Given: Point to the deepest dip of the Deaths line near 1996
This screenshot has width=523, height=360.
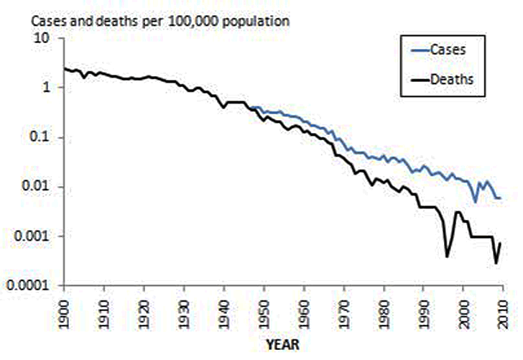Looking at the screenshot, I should (447, 256).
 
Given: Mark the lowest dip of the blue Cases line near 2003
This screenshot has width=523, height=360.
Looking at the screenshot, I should (476, 202).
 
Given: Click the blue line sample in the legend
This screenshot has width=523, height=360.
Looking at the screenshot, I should (415, 50).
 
